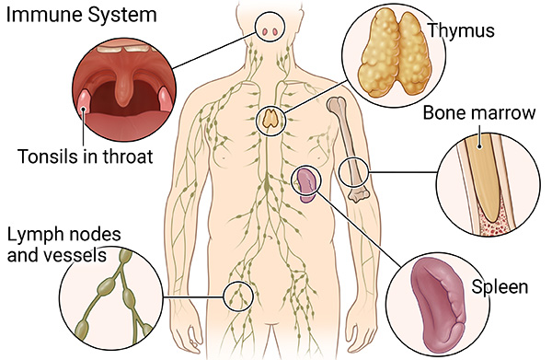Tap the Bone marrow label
pos(478,114)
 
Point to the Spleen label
pos(499,287)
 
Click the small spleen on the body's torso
pos(306,183)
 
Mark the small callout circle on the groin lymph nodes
pos(238,296)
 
